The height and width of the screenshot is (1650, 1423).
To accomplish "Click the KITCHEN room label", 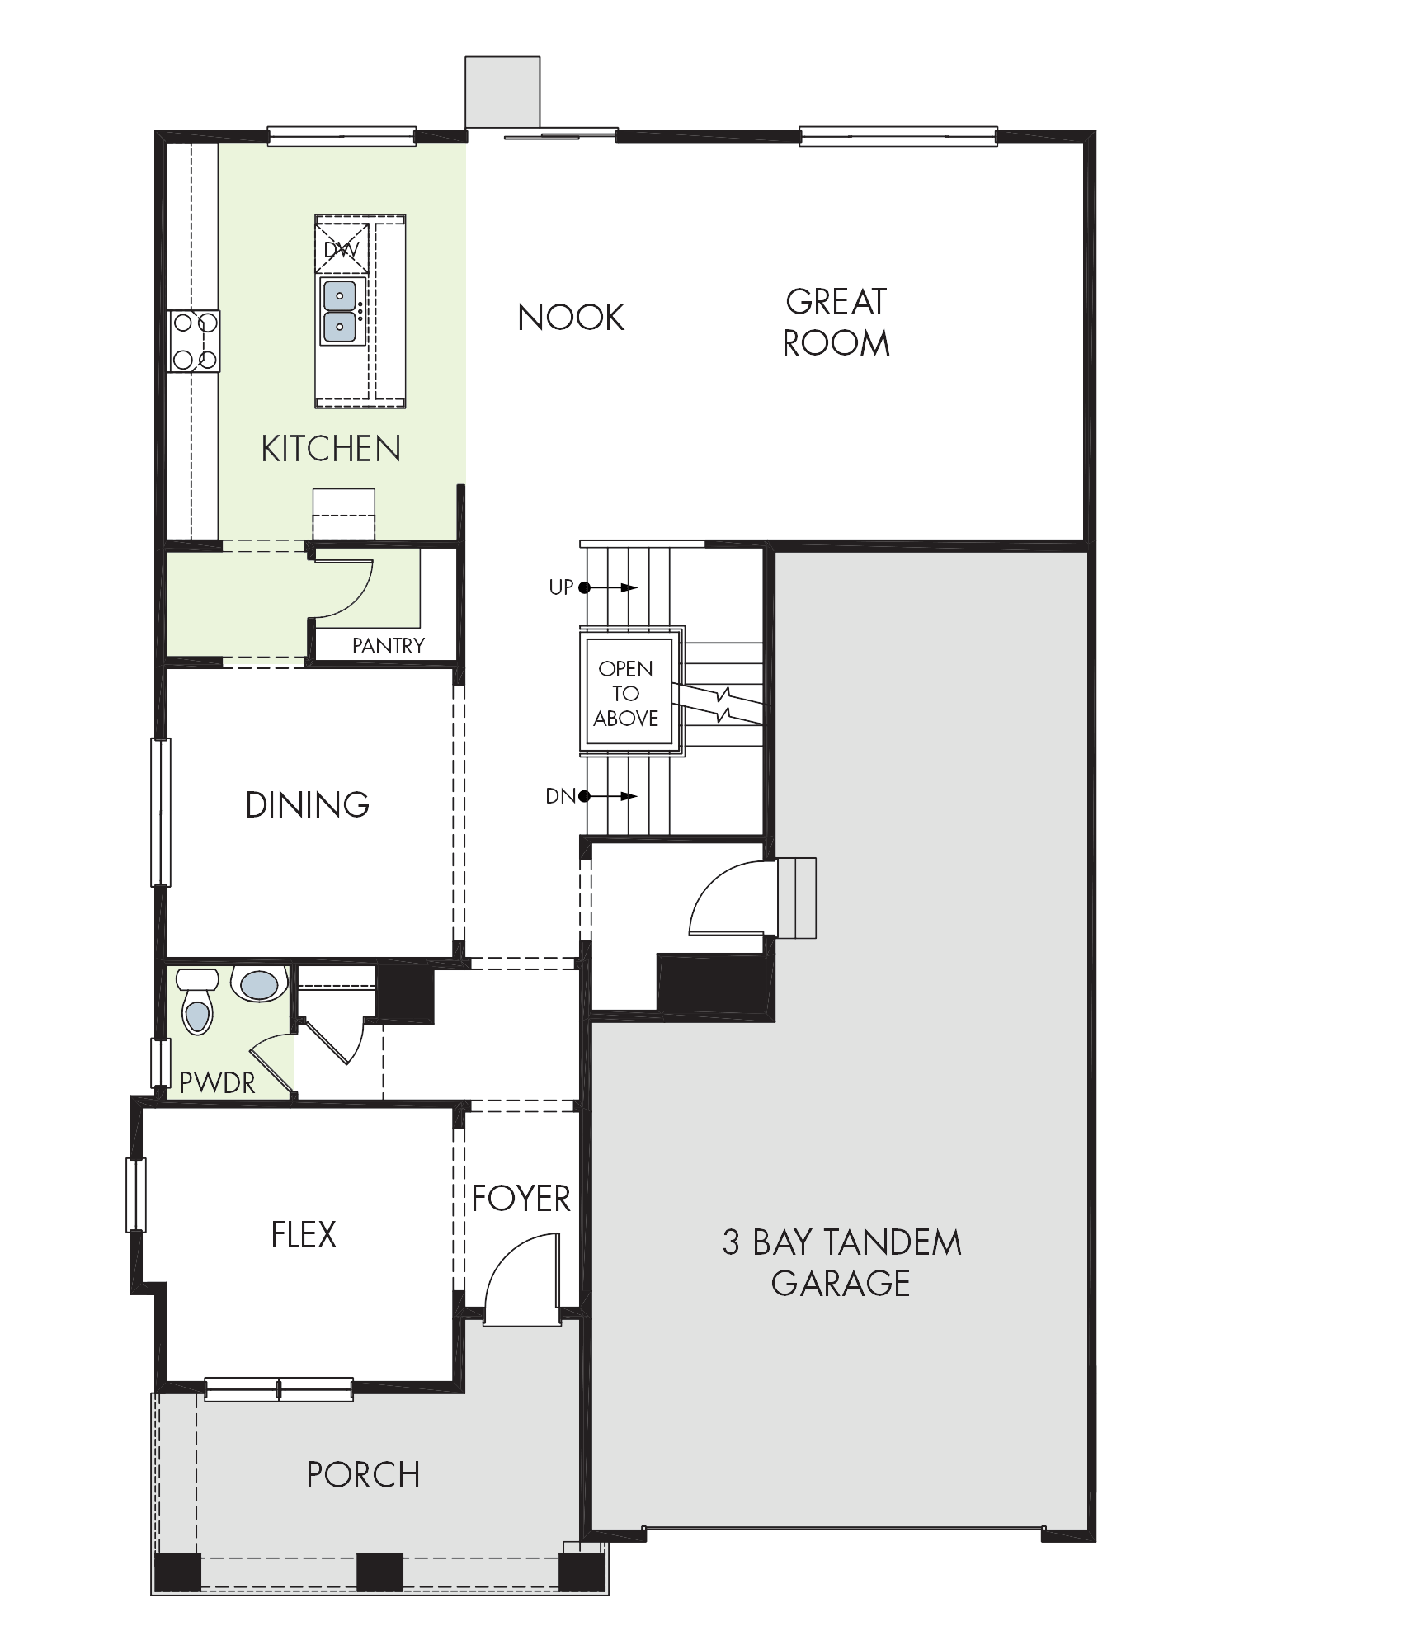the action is pyautogui.click(x=331, y=449).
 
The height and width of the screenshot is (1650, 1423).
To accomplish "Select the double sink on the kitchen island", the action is pyautogui.click(x=340, y=311).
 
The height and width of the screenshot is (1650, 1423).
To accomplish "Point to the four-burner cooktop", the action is pyautogui.click(x=195, y=341).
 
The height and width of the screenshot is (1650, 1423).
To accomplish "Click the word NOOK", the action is pyautogui.click(x=571, y=318).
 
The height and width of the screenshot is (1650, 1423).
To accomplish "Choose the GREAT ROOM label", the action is pyautogui.click(x=836, y=323).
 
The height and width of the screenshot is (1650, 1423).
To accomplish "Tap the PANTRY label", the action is pyautogui.click(x=388, y=646).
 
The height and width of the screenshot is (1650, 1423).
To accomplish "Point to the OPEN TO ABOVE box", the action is pyautogui.click(x=625, y=693).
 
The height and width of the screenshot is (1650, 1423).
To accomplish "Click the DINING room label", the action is pyautogui.click(x=308, y=805).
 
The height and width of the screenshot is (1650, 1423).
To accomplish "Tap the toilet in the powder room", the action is pyautogui.click(x=196, y=1001).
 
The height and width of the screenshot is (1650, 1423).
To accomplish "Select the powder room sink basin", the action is pyautogui.click(x=259, y=983).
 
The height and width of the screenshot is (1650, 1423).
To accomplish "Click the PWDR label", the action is pyautogui.click(x=217, y=1083).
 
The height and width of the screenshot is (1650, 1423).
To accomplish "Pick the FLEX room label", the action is pyautogui.click(x=304, y=1235).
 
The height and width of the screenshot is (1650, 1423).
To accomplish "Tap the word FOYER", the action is pyautogui.click(x=521, y=1199).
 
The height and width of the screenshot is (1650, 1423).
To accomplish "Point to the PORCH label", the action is pyautogui.click(x=363, y=1475).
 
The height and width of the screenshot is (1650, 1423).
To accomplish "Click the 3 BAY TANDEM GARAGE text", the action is pyautogui.click(x=841, y=1263).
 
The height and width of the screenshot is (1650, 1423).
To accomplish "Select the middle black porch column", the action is pyautogui.click(x=380, y=1572).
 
